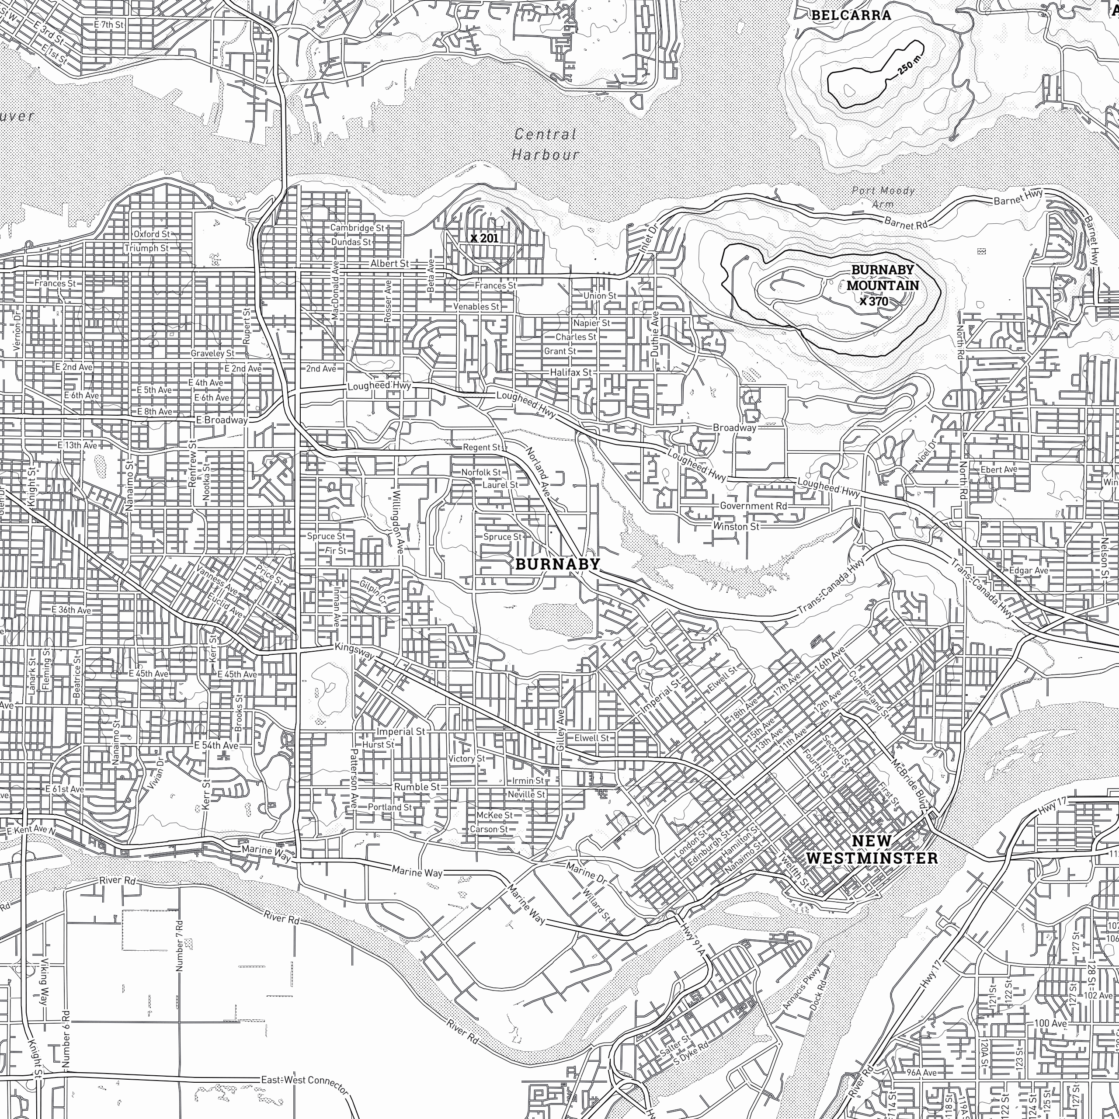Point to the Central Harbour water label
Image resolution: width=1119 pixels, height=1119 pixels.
tap(545, 144)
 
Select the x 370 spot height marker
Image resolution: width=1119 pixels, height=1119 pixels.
tap(874, 301)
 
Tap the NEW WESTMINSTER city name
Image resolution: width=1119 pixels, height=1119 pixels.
tap(871, 849)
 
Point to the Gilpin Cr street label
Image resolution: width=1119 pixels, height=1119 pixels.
tap(373, 592)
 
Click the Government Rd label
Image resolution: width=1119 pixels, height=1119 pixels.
tap(754, 506)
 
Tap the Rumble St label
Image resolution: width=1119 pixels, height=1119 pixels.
tap(417, 786)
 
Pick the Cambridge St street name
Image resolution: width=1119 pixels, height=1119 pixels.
tap(358, 228)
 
